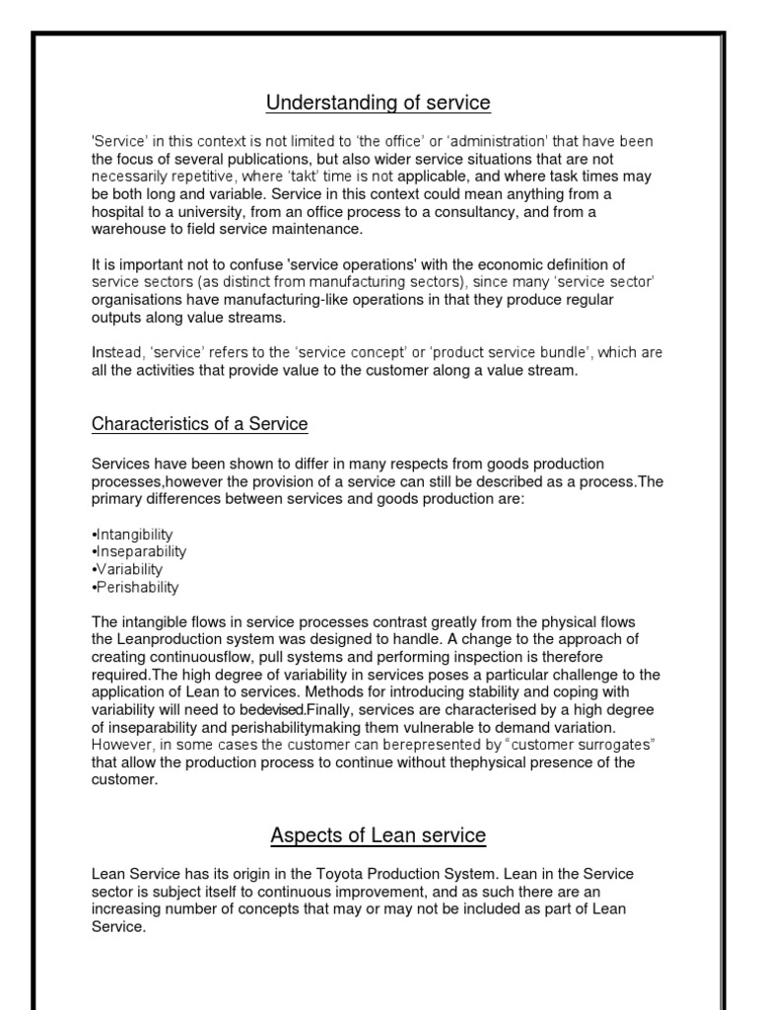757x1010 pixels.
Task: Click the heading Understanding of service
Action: tap(378, 103)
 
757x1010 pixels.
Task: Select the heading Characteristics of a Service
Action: tap(200, 424)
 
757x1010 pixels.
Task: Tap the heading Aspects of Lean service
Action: tap(378, 835)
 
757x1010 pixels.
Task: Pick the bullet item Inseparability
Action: tap(138, 551)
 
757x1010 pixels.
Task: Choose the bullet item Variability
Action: tap(127, 569)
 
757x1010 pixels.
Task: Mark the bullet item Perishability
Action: tap(135, 587)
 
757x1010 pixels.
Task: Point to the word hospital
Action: tap(118, 212)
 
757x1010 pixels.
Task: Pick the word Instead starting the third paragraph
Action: tap(116, 352)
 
